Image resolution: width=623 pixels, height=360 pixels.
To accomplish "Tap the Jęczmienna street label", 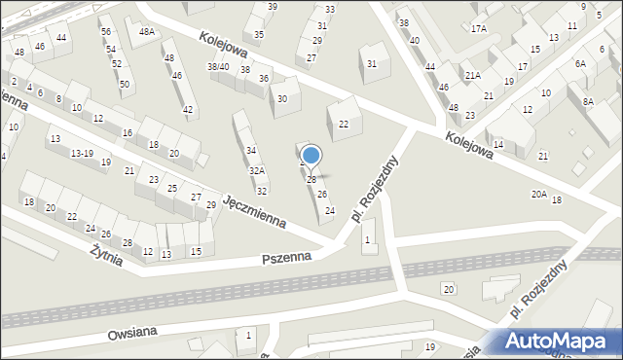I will pyautogui.click(x=254, y=210).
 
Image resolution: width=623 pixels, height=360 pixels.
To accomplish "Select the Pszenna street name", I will pyautogui.click(x=286, y=258).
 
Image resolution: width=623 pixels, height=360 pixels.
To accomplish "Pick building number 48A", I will pyautogui.click(x=147, y=32).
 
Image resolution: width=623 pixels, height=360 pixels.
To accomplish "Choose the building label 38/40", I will pyautogui.click(x=218, y=66).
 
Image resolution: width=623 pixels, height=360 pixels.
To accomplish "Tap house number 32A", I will pyautogui.click(x=256, y=170).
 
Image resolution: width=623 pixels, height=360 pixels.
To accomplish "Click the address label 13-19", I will pyautogui.click(x=82, y=153).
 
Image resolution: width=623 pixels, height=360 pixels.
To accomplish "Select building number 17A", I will pyautogui.click(x=478, y=29).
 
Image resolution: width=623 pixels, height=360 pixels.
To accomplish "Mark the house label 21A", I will pyautogui.click(x=472, y=75).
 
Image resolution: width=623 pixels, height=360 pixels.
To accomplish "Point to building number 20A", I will pyautogui.click(x=538, y=195).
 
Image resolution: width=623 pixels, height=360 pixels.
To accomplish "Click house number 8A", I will pyautogui.click(x=587, y=101).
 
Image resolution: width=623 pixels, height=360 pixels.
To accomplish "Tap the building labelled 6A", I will pyautogui.click(x=580, y=63).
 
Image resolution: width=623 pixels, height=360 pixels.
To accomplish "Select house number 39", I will pyautogui.click(x=272, y=7).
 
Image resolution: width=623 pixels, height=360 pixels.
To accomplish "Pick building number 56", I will pyautogui.click(x=105, y=31).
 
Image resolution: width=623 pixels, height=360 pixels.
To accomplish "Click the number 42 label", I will pyautogui.click(x=188, y=110).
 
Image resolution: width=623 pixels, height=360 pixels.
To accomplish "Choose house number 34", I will pyautogui.click(x=251, y=150).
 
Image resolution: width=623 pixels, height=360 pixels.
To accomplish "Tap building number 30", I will pyautogui.click(x=282, y=98).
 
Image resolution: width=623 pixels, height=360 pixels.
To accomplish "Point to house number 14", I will pyautogui.click(x=498, y=144).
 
